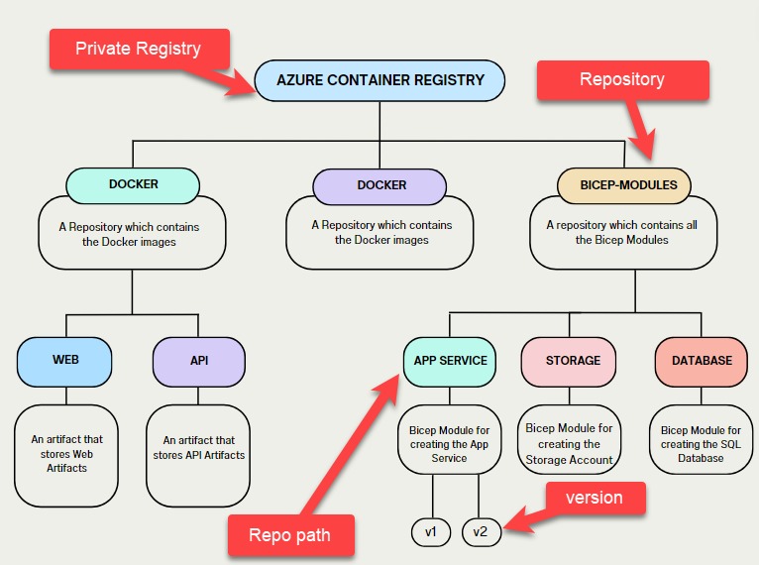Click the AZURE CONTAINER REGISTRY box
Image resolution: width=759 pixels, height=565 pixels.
click(x=379, y=80)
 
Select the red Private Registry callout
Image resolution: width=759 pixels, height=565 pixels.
click(x=138, y=49)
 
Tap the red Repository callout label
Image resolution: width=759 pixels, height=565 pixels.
click(x=622, y=79)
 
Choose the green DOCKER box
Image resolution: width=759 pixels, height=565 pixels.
click(x=133, y=184)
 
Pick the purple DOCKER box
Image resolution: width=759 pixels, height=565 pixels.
click(x=381, y=185)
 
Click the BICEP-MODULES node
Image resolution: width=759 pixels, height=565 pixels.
click(x=623, y=184)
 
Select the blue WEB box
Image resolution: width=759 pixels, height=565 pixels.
click(x=65, y=361)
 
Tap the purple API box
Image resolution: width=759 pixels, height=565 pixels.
click(x=198, y=361)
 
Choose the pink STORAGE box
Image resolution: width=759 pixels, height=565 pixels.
click(x=573, y=361)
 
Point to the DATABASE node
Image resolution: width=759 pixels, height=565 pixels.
click(x=702, y=361)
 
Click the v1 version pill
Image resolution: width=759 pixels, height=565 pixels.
click(x=431, y=532)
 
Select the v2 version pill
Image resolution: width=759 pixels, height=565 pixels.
click(x=481, y=532)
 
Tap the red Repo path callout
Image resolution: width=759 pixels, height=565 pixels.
click(x=290, y=535)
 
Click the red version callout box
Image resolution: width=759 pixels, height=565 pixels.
click(x=595, y=498)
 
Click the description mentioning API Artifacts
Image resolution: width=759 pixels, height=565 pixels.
click(x=198, y=447)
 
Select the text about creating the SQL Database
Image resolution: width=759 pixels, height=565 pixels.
click(x=702, y=444)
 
